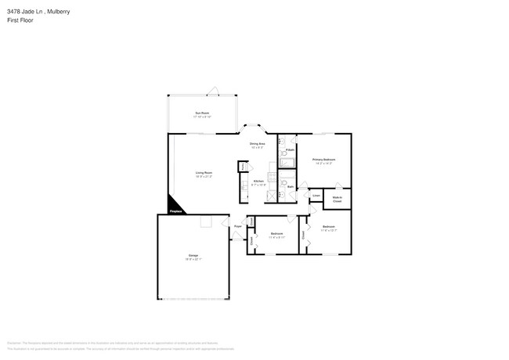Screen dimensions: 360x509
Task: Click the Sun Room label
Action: pyautogui.click(x=202, y=113)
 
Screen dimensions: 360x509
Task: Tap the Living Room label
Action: pyautogui.click(x=204, y=173)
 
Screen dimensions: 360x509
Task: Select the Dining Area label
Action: pyautogui.click(x=258, y=144)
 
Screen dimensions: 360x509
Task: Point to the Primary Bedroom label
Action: pyautogui.click(x=323, y=160)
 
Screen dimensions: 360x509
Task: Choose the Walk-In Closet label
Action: pyautogui.click(x=337, y=199)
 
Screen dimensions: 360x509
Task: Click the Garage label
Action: pyautogui.click(x=193, y=256)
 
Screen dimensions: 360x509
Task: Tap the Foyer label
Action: pyautogui.click(x=237, y=226)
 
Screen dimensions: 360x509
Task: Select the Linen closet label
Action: pyautogui.click(x=316, y=195)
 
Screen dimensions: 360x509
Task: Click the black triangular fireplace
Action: pyautogui.click(x=174, y=205)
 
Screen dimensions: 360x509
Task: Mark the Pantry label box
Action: pyautogui.click(x=244, y=167)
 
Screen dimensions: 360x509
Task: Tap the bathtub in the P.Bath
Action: pyautogui.click(x=287, y=163)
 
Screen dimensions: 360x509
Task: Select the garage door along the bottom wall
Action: pyautogui.click(x=193, y=299)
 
